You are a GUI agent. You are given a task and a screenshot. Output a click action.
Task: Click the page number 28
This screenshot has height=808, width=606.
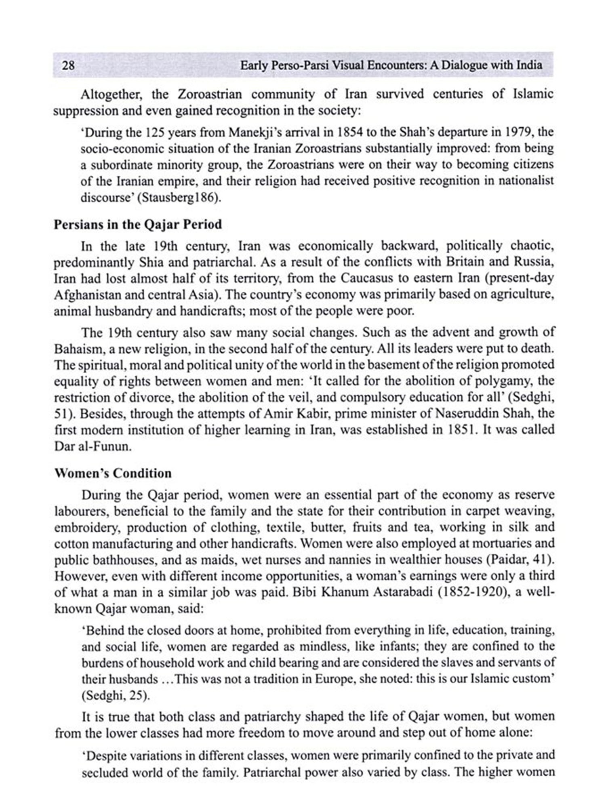(x=68, y=65)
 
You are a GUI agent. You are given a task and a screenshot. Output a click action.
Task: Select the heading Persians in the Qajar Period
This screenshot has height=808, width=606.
(x=138, y=224)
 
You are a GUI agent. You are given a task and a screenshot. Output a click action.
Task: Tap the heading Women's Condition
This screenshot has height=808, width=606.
(x=113, y=473)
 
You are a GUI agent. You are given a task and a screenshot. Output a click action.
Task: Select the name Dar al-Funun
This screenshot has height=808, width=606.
(x=93, y=446)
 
